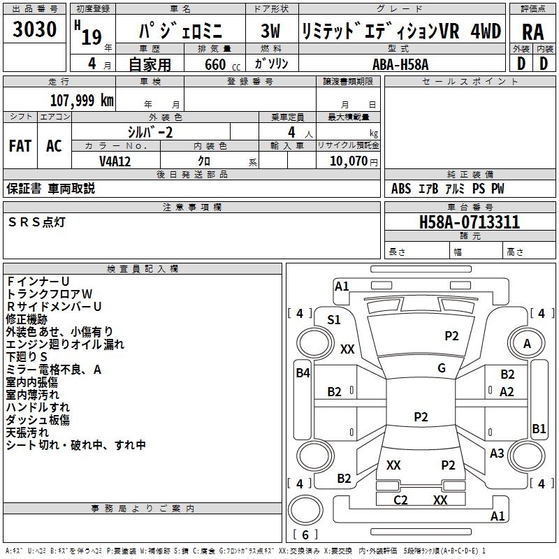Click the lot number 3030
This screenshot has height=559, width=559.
pyautogui.click(x=35, y=30)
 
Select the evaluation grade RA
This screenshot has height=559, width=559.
pyautogui.click(x=532, y=32)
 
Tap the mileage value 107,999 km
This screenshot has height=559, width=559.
pyautogui.click(x=82, y=101)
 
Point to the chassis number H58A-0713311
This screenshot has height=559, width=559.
pyautogui.click(x=469, y=223)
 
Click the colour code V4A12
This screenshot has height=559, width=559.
pyautogui.click(x=115, y=161)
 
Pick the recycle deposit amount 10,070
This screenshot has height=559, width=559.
pyautogui.click(x=345, y=161)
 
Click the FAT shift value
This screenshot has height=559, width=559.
pyautogui.click(x=20, y=146)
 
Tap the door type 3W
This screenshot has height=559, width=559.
pyautogui.click(x=270, y=32)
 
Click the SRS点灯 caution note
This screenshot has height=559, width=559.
pyautogui.click(x=37, y=222)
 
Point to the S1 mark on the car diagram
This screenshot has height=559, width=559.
pyautogui.click(x=334, y=320)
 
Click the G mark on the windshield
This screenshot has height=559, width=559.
pyautogui.click(x=442, y=368)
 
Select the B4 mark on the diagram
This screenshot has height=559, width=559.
pyautogui.click(x=303, y=373)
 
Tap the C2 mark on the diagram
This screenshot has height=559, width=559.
pyautogui.click(x=400, y=500)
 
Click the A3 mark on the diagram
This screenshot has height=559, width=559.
pyautogui.click(x=497, y=453)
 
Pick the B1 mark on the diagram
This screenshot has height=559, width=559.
pyautogui.click(x=539, y=429)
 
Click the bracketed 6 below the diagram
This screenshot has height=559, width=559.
pyautogui.click(x=305, y=535)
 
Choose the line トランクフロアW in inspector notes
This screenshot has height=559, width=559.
pyautogui.click(x=49, y=293)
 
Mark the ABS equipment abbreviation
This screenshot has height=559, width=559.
pyautogui.click(x=401, y=189)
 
